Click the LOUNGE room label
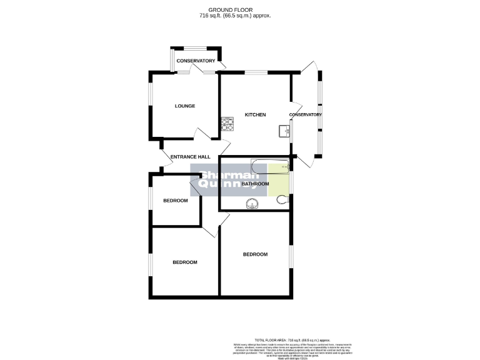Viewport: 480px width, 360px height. [184, 106]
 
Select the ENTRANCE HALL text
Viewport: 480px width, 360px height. [190, 157]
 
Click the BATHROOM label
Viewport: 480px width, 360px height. [255, 184]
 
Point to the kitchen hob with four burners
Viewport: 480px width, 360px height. [227, 126]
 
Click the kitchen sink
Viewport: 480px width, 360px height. [284, 130]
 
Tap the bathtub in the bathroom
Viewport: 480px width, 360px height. [269, 166]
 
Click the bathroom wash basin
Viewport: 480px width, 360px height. [252, 202]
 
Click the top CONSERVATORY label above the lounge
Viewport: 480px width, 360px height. [196, 61]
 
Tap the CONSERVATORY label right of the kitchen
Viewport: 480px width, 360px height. [306, 115]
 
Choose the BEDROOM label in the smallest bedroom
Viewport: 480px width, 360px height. [176, 201]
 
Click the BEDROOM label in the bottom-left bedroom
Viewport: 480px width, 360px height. [185, 262]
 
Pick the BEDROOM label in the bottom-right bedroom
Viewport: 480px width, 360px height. [255, 254]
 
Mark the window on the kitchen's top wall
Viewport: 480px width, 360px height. [254, 72]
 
